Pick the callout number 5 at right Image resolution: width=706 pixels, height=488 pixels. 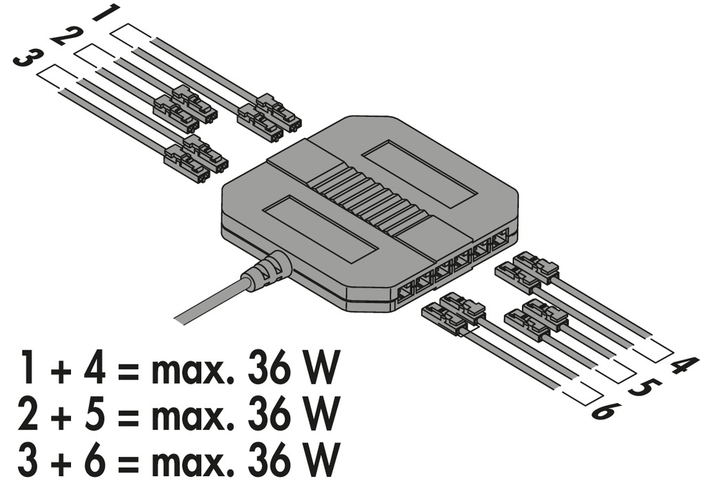[x=645, y=388]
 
